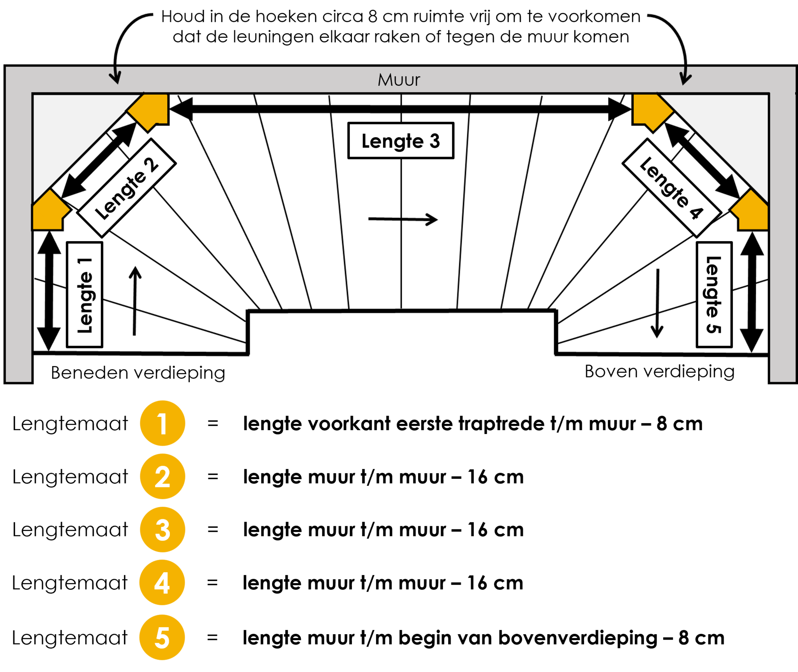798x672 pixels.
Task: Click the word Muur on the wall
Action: [x=399, y=80]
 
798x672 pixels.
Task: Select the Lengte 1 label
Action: [x=85, y=295]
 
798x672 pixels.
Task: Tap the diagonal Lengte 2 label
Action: [x=126, y=188]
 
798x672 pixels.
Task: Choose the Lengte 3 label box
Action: [x=401, y=141]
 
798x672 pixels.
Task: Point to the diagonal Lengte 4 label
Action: [x=672, y=188]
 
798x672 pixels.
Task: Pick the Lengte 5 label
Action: [x=714, y=295]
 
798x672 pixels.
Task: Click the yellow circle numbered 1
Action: [x=162, y=423]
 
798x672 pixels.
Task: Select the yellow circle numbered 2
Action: [x=162, y=476]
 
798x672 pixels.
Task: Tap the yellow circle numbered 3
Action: [x=162, y=529]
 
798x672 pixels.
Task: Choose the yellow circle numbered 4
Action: [x=162, y=582]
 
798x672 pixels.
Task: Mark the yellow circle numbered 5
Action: [x=162, y=637]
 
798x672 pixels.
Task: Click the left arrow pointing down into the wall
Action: [x=115, y=76]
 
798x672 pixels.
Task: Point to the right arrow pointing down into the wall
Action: [x=685, y=76]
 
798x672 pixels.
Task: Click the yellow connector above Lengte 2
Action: [x=150, y=110]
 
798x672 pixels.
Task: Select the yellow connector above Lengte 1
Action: [x=49, y=212]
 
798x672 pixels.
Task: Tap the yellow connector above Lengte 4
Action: [x=650, y=110]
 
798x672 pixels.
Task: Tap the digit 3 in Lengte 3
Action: [x=434, y=141]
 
